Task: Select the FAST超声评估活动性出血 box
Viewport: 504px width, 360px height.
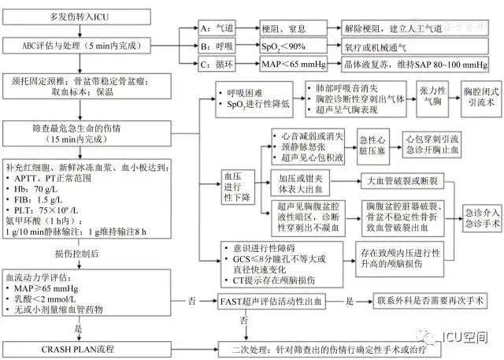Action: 281,300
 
